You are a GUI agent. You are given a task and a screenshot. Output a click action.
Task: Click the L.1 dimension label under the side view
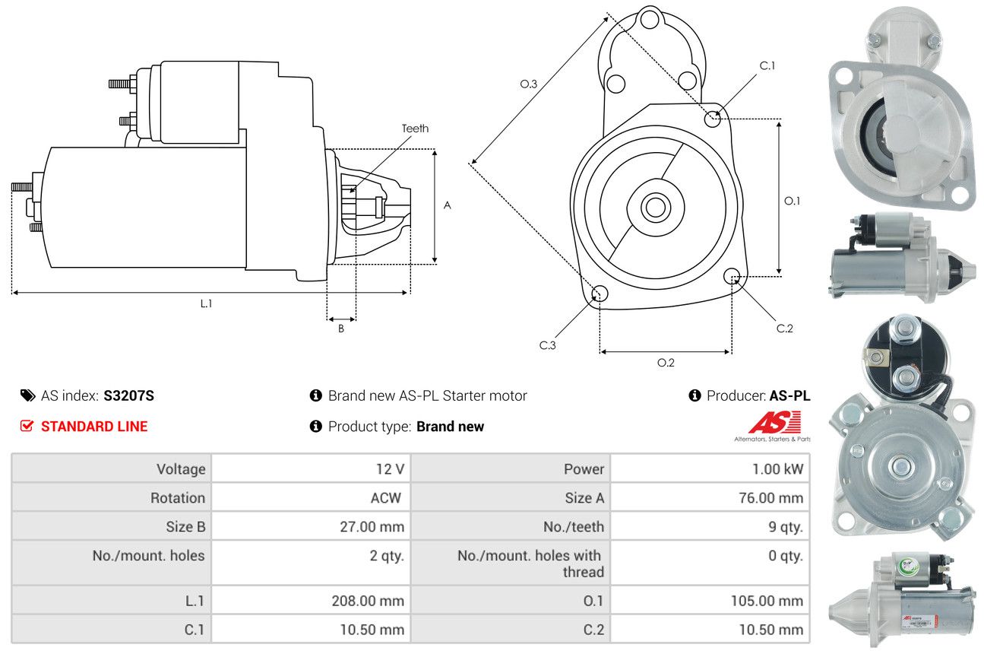[x=206, y=303]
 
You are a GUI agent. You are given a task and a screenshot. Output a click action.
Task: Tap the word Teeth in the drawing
[x=415, y=129]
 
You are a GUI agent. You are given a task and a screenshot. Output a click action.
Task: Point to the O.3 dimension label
[x=528, y=84]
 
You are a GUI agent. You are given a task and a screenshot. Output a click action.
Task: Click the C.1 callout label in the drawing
[x=767, y=65]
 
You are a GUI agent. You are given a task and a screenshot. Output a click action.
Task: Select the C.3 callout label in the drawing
[x=547, y=345]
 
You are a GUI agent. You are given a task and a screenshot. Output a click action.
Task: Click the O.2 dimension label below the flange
[x=666, y=363]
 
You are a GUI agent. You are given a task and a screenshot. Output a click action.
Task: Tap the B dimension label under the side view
[x=341, y=329]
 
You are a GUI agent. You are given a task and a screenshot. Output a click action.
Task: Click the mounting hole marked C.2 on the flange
[x=732, y=276]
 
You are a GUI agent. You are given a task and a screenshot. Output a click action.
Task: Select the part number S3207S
[x=128, y=395]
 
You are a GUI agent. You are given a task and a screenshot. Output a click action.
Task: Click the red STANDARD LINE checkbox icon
[x=27, y=426]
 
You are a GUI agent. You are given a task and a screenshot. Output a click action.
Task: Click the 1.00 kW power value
[x=777, y=469]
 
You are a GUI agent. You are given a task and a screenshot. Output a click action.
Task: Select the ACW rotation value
[x=386, y=498]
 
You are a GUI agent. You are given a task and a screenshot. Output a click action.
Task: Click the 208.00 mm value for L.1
[x=368, y=601]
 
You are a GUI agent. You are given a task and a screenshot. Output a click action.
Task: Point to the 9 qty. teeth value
[x=786, y=527]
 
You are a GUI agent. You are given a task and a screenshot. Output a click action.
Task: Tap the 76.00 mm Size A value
[x=771, y=498]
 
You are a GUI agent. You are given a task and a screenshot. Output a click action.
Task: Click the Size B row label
[x=185, y=527]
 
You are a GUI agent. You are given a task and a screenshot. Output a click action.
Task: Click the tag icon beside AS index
[x=28, y=395]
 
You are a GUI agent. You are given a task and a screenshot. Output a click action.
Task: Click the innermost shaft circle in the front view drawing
[x=656, y=208]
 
